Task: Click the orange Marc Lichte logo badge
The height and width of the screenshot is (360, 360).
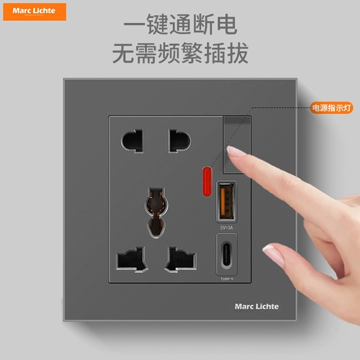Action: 34,11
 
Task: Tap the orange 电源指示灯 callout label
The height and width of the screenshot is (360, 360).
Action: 330,107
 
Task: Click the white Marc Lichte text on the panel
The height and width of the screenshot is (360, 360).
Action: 256,306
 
